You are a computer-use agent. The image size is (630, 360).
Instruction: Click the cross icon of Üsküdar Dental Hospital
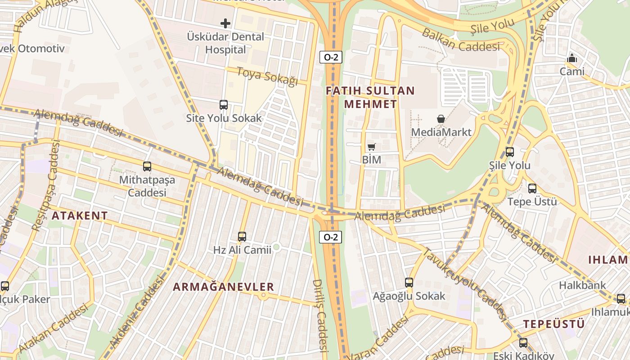tap(225, 23)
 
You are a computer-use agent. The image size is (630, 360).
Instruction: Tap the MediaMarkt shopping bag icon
tap(441, 119)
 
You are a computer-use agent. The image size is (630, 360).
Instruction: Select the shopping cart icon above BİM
tap(371, 147)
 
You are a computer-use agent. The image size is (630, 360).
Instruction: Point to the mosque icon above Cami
tap(572, 58)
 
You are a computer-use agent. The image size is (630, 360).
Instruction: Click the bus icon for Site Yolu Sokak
tap(224, 105)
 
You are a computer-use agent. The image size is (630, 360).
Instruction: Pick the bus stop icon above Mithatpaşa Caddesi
tap(147, 166)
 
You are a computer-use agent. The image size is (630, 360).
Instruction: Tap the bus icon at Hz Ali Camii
tap(242, 236)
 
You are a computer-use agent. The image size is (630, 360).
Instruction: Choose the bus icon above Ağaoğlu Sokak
tap(409, 283)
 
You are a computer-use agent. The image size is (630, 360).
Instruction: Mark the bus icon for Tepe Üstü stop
tap(532, 189)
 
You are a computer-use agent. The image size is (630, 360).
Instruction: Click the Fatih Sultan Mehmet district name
tap(370, 97)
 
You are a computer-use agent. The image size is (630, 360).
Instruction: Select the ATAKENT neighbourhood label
tap(80, 216)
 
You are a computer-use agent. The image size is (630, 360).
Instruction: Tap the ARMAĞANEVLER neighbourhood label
tap(224, 287)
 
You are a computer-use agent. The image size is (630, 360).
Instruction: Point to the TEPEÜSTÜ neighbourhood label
tap(554, 324)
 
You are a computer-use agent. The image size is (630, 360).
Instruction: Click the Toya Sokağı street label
tap(267, 76)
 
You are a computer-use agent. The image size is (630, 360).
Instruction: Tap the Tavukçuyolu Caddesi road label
tap(464, 283)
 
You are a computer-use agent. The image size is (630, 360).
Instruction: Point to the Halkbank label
tap(582, 285)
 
